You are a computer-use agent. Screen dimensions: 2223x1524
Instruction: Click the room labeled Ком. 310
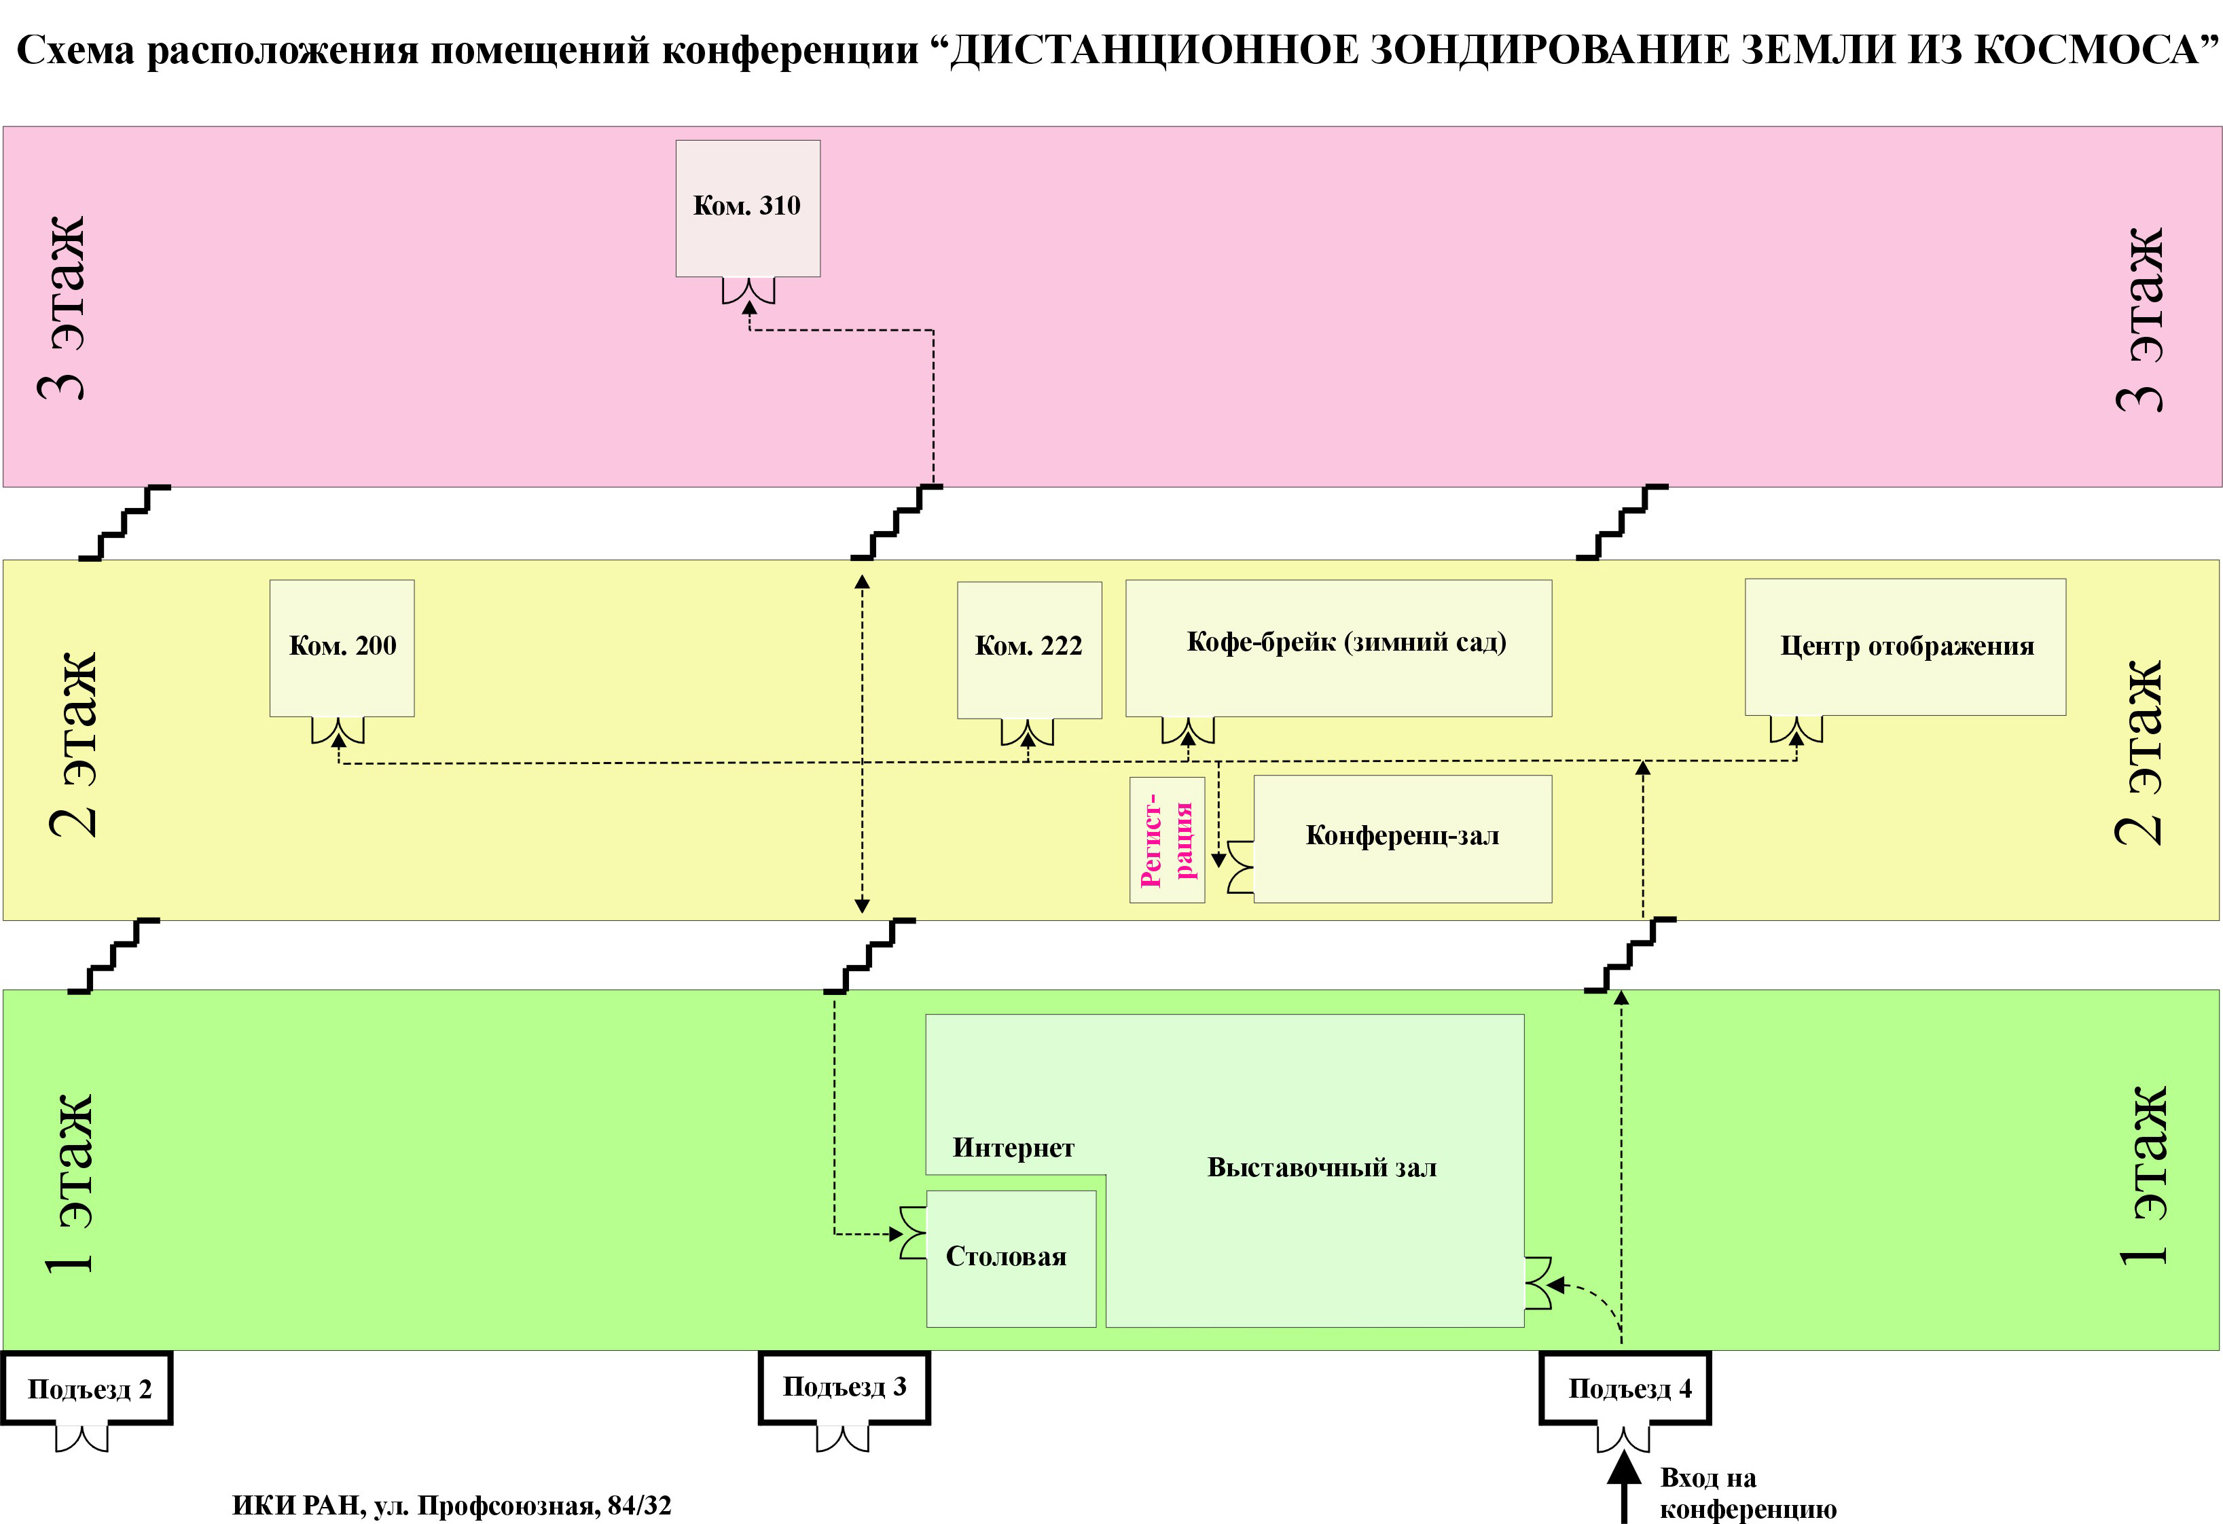(x=748, y=208)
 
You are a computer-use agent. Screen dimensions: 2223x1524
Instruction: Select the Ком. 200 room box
(x=342, y=648)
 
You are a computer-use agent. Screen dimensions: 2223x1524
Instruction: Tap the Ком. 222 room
(x=1029, y=649)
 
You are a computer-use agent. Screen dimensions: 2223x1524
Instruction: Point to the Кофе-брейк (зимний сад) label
(x=1346, y=642)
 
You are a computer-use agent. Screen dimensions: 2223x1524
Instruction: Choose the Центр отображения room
(x=1905, y=647)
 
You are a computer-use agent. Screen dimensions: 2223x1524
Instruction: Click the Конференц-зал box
(x=1403, y=839)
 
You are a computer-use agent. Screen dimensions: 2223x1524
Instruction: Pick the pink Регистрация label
(x=1167, y=840)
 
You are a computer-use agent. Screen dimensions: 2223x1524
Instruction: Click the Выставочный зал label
(x=1322, y=1167)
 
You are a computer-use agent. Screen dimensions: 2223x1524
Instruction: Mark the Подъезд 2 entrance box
(x=87, y=1388)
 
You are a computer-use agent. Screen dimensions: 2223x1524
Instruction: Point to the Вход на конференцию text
(x=1748, y=1493)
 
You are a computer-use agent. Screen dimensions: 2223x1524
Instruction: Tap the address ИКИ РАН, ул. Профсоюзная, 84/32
(x=452, y=1506)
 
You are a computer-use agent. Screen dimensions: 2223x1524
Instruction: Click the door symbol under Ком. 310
(x=748, y=290)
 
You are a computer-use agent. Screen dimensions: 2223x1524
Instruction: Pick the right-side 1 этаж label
(x=2144, y=1175)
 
